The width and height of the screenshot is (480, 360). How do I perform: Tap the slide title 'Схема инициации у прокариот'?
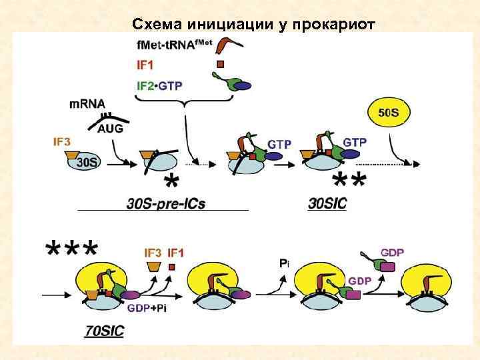(x=254, y=25)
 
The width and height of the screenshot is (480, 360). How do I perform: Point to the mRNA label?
(x=86, y=104)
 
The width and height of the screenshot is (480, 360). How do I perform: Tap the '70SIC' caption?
(x=105, y=329)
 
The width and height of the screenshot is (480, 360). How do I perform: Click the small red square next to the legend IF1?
(x=221, y=65)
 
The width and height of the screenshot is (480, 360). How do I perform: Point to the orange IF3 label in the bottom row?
(x=153, y=253)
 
